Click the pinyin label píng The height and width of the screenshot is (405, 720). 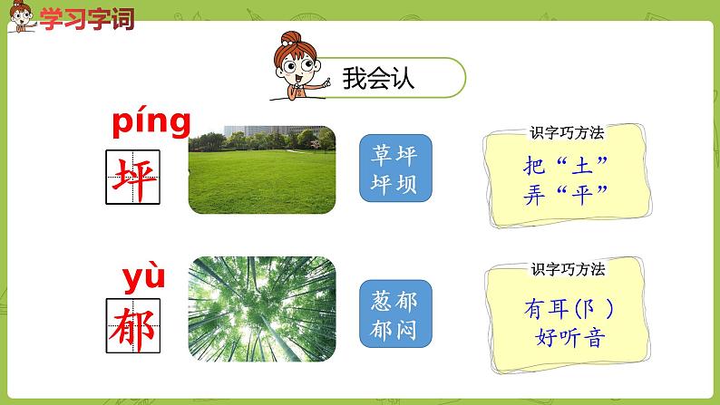[x=151, y=121]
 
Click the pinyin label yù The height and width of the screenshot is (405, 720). [x=143, y=275]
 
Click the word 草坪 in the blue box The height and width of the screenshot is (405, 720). [x=394, y=153]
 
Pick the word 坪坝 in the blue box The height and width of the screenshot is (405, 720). [x=394, y=184]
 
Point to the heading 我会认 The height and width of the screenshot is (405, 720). [x=379, y=79]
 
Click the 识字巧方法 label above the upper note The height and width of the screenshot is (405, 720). [x=567, y=132]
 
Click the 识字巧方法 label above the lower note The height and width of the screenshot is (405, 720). [x=567, y=269]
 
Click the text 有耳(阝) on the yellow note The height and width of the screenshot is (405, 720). [x=569, y=309]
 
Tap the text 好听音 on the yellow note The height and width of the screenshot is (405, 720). [x=569, y=338]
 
